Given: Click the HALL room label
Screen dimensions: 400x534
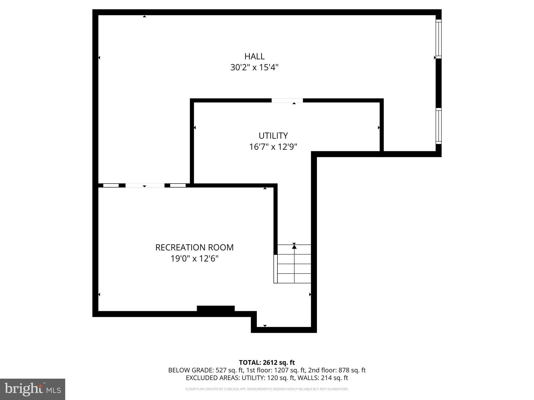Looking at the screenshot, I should [254, 56].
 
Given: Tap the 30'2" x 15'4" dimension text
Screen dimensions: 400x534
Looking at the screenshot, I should [254, 68].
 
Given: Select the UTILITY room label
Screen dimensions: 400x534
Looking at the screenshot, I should [273, 136].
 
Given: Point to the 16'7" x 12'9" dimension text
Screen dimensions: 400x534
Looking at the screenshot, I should [273, 147].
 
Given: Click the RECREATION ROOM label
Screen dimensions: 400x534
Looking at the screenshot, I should [194, 247].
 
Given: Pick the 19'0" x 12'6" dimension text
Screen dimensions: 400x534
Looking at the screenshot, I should [194, 259].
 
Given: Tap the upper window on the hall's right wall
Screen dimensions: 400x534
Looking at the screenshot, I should [439, 39].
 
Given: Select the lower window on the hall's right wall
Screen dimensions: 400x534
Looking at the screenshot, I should [439, 126].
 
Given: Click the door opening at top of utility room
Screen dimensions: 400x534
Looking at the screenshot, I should [287, 101].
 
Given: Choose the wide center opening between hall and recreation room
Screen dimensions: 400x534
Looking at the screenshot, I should [145, 185].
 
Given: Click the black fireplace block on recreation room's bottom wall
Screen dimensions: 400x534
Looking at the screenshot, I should [216, 309].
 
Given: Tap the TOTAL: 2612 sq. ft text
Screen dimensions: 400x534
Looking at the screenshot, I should [267, 362].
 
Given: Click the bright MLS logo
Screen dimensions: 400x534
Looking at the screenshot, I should [33, 389].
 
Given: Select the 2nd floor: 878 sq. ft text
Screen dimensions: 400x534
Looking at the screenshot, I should [337, 370].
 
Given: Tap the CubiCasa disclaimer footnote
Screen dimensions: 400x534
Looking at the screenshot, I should [267, 389].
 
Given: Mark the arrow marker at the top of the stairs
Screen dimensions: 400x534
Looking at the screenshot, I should [294, 246].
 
